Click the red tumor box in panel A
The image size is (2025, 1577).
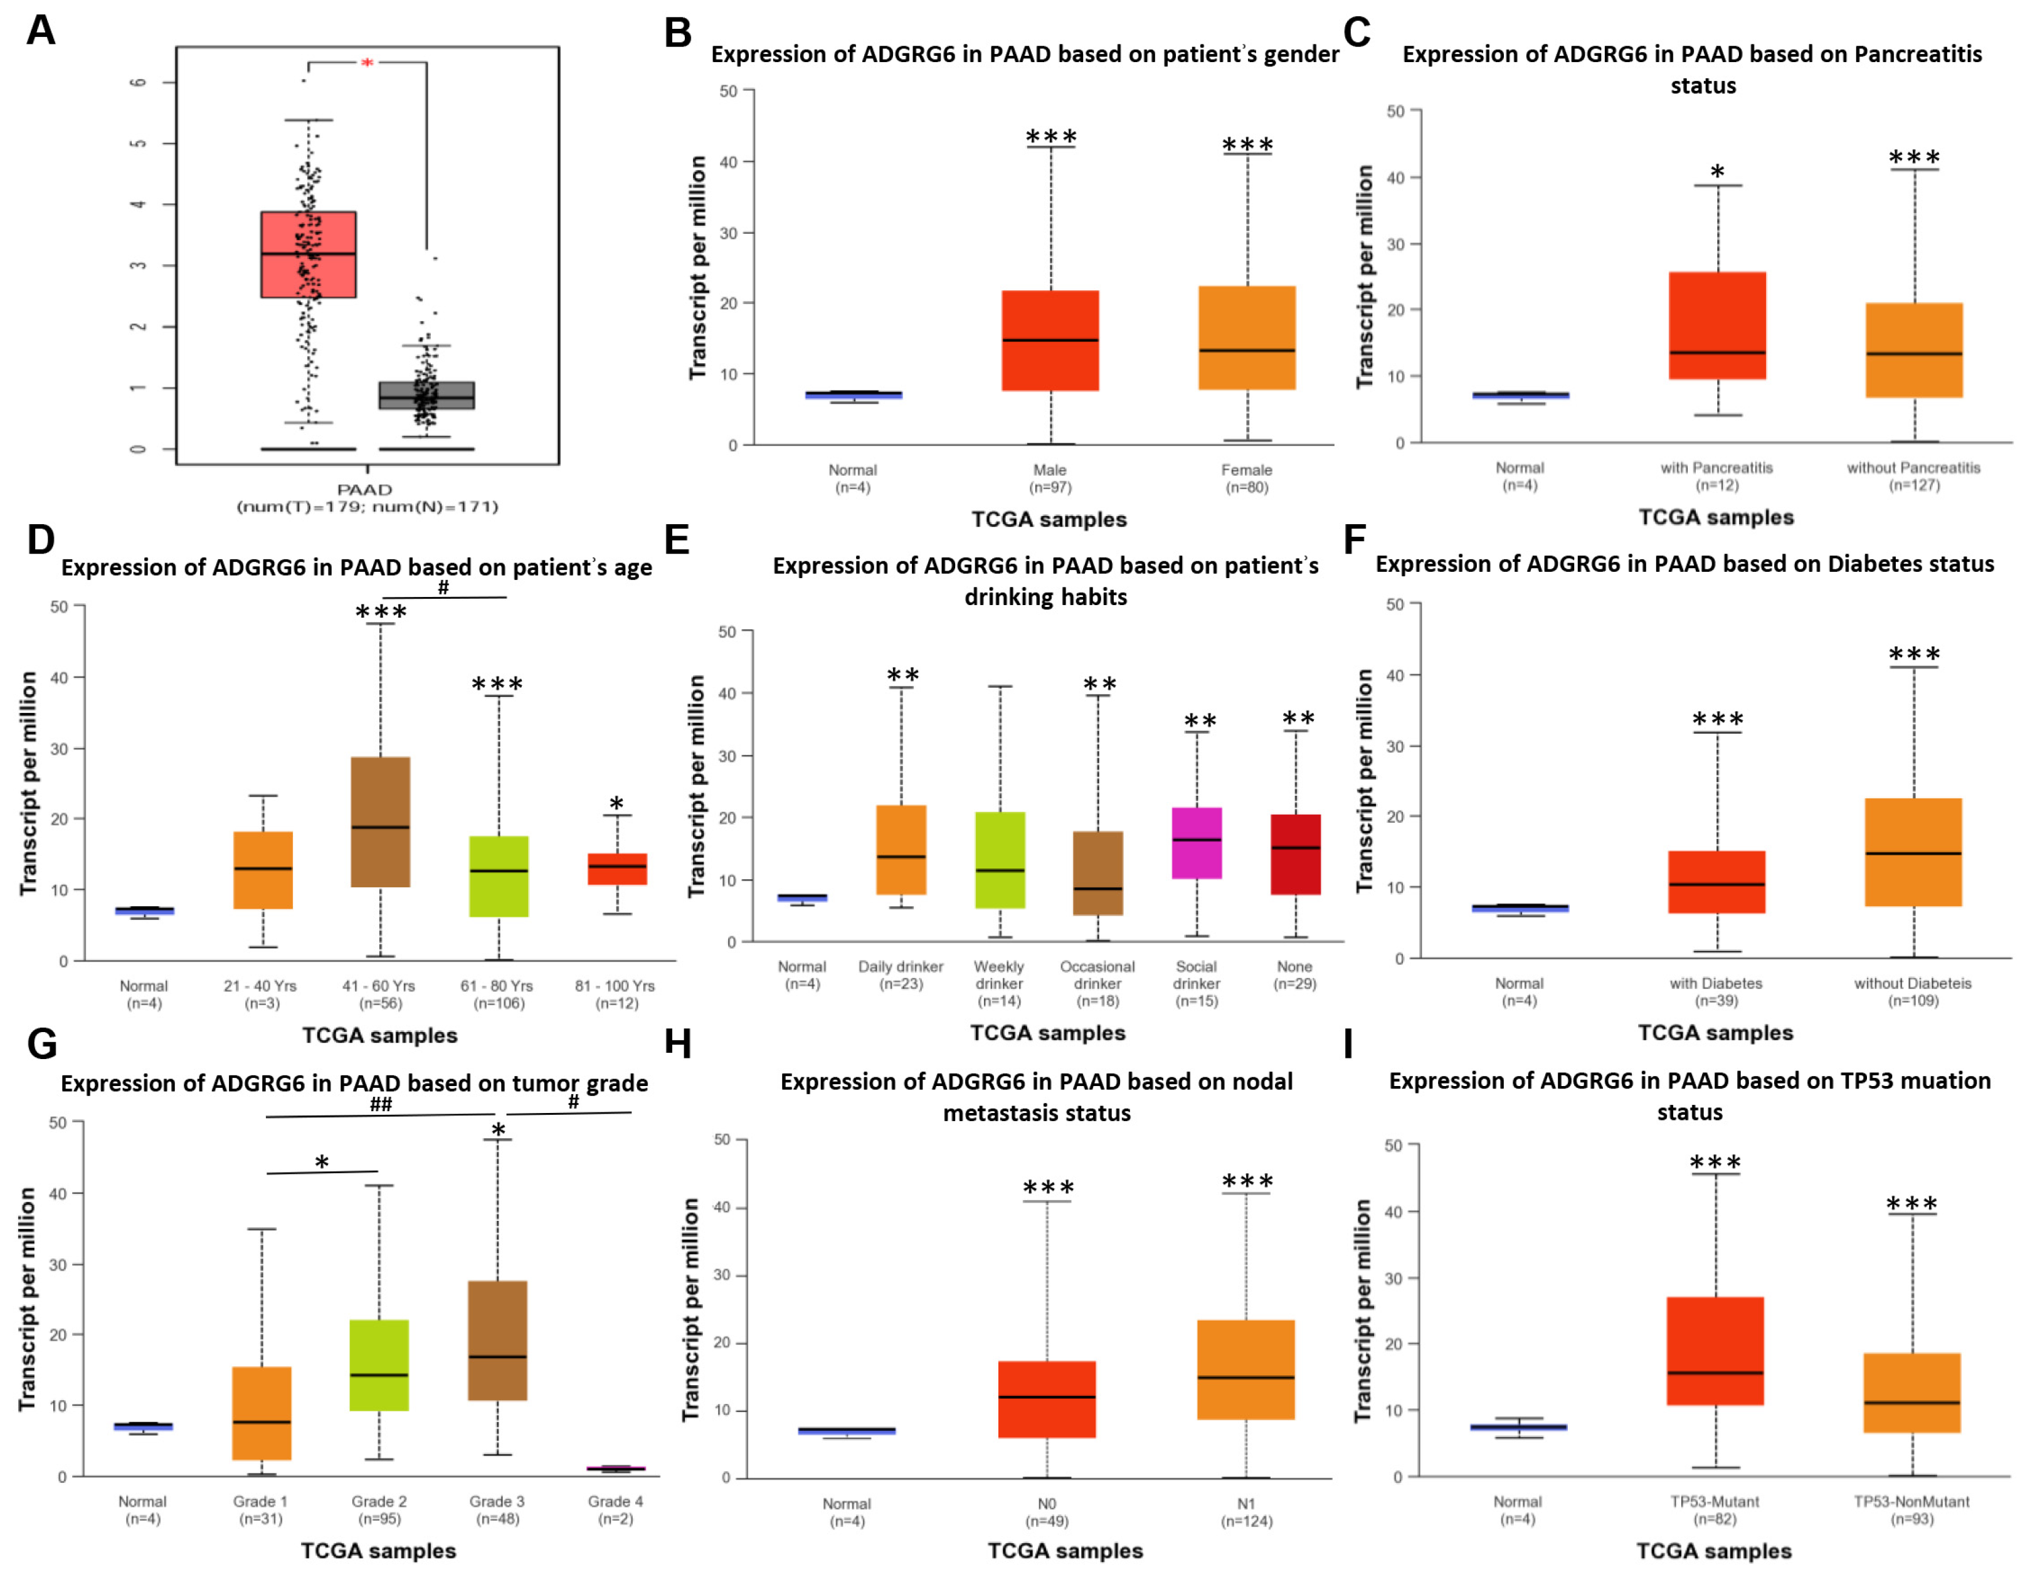coord(309,255)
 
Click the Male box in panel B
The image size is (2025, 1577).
coord(1050,340)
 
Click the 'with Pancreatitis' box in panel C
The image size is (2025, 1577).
coord(1717,325)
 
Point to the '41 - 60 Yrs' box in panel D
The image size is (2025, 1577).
coord(380,822)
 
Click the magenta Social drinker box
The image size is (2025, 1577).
coord(1196,843)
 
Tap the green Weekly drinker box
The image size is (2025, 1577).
coord(1000,860)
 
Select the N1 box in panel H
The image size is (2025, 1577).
coord(1245,1369)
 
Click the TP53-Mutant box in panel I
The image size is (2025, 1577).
coord(1715,1351)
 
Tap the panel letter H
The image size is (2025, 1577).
coord(678,1044)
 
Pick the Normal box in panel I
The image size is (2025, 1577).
coord(1518,1427)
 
